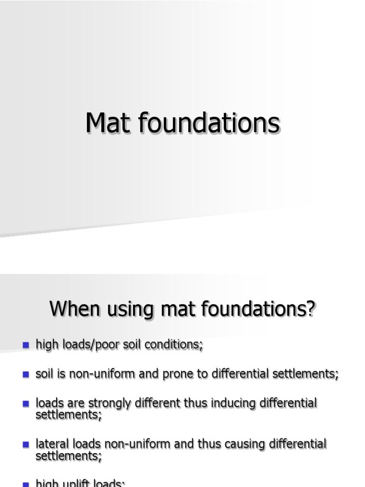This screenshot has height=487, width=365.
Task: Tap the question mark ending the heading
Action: (x=311, y=309)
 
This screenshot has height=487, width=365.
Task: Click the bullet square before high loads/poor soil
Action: (x=26, y=345)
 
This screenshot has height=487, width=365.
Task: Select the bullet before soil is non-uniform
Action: (x=26, y=374)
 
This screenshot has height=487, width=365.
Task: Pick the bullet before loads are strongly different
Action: (x=26, y=404)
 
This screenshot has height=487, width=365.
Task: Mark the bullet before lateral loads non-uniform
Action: (x=26, y=445)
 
